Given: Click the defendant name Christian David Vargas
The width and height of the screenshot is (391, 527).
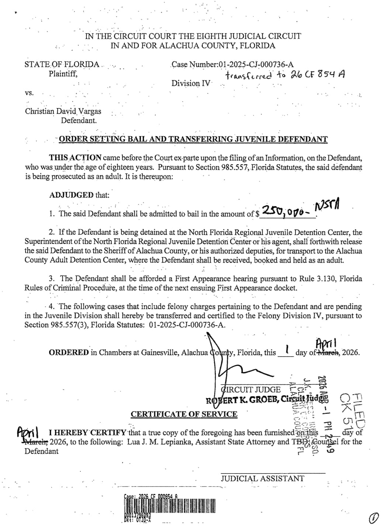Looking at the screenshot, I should pos(63,111).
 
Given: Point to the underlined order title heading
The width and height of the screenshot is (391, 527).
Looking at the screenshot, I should pos(193,139).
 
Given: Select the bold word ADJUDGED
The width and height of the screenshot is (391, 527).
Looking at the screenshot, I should pos(72,195).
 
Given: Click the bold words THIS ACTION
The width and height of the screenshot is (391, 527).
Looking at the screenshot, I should pos(76,158).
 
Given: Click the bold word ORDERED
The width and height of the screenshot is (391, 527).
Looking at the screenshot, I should pos(69,352).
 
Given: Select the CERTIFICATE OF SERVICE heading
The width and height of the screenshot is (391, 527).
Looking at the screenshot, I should pos(184,414).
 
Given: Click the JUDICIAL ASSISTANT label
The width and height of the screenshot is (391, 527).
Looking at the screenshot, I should pos(262,478).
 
